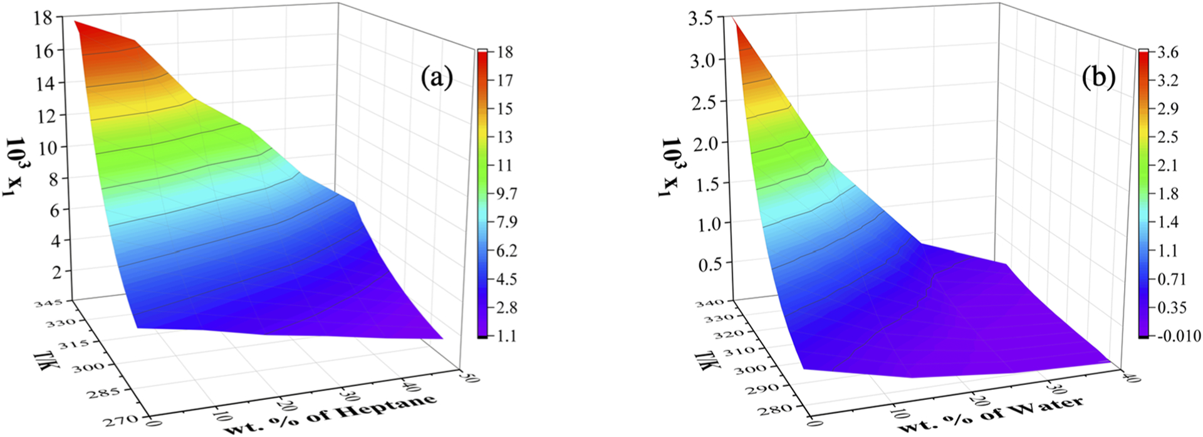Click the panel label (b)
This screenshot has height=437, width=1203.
[x=1098, y=77]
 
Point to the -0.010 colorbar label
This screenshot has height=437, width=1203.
[x=1179, y=336]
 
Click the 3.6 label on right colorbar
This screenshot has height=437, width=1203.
[x=1167, y=52]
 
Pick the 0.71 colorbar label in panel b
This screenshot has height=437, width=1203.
[x=1170, y=279]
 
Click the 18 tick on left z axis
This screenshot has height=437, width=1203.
[x=44, y=18]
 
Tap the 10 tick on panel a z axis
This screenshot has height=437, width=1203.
[x=44, y=147]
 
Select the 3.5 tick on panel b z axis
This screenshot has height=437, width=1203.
[x=700, y=18]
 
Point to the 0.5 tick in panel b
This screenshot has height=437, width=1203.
[x=709, y=263]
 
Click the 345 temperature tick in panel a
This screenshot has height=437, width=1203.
[x=49, y=303]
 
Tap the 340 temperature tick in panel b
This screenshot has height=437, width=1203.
[x=710, y=303]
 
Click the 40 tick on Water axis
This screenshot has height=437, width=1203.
[x=1132, y=377]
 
